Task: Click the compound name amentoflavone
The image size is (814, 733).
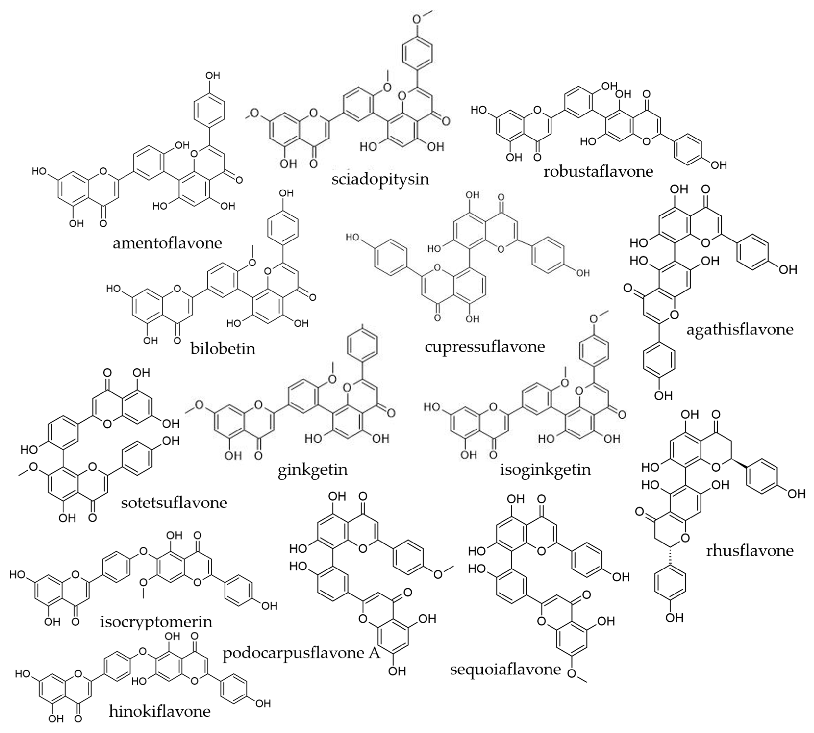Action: (167, 243)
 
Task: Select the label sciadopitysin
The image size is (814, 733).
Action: (380, 179)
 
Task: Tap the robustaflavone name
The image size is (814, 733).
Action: (598, 172)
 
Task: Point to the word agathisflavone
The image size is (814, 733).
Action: (740, 329)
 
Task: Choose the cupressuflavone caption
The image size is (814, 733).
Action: (485, 346)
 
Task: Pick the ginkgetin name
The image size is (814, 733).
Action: (313, 470)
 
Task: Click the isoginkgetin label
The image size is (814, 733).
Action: (545, 470)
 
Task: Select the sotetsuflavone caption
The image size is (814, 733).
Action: (174, 503)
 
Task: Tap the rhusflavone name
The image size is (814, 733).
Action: (750, 551)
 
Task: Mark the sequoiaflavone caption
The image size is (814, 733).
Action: (505, 669)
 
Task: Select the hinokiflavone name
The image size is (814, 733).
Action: (159, 711)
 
